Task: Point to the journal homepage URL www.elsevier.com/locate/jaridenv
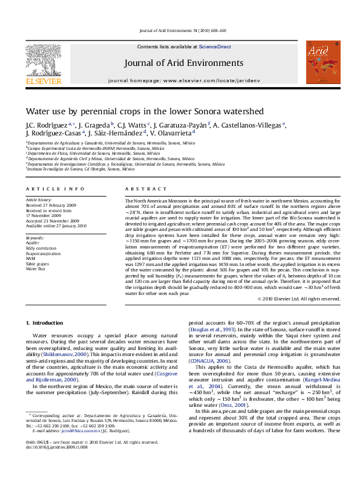pyautogui.click(x=201, y=80)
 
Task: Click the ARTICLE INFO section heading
pyautogui.click(x=50, y=189)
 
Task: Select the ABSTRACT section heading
pyautogui.click(x=140, y=189)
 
